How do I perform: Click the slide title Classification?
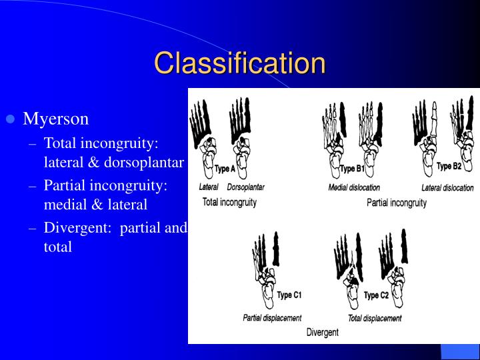(240, 63)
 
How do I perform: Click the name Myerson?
(56, 119)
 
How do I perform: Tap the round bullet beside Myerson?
(10, 120)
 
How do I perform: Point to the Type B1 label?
(352, 169)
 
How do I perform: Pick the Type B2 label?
(449, 166)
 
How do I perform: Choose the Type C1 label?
(289, 295)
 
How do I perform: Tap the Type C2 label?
(376, 295)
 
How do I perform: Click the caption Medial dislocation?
(354, 188)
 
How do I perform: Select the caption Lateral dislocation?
(447, 188)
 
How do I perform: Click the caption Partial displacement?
(272, 318)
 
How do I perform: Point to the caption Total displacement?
(375, 318)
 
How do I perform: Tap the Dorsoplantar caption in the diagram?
(245, 187)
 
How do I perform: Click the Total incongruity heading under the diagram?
(229, 202)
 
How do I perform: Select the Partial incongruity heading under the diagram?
(397, 203)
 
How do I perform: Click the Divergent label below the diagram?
(323, 332)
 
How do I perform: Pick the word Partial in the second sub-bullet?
(64, 185)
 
